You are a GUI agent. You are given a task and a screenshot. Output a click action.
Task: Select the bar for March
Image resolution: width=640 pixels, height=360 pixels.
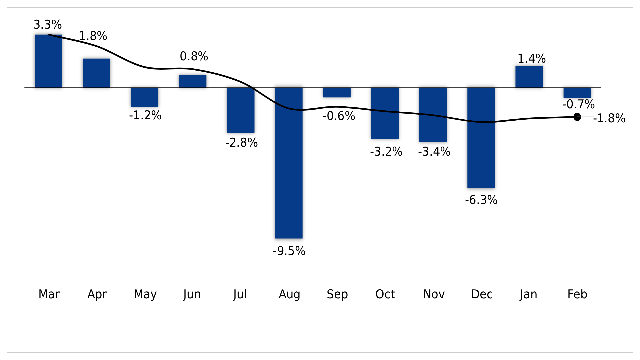48,61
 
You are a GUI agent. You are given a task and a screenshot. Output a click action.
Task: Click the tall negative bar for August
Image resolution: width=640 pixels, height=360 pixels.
289,163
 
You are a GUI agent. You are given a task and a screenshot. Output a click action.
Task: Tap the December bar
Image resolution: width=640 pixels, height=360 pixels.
481,138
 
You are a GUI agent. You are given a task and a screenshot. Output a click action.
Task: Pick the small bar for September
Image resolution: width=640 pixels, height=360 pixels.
337,93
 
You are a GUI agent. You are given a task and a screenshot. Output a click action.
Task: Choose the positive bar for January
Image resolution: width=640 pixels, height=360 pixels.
529,77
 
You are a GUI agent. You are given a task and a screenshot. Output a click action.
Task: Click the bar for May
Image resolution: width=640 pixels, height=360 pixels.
144,97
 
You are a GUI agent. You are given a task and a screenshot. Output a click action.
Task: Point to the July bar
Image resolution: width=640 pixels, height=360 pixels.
241,110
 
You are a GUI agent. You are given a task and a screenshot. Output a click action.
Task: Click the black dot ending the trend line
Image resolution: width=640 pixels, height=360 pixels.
577,117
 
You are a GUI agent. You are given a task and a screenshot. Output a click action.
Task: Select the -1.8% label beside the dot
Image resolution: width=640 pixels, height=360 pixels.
609,118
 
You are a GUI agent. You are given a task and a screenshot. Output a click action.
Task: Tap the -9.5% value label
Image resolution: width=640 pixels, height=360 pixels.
289,251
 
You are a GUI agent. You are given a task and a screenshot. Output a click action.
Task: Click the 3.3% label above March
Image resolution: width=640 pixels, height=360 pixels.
48,25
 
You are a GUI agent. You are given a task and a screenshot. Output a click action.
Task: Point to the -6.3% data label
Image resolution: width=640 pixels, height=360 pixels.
481,200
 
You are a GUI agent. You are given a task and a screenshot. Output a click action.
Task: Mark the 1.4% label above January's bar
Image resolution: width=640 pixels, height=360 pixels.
531,59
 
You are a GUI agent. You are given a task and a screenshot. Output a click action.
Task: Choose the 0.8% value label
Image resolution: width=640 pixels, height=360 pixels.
194,56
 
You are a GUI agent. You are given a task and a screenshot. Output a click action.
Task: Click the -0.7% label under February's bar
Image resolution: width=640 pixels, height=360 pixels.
578,104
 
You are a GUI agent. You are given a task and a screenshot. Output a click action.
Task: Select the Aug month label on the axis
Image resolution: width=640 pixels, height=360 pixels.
289,294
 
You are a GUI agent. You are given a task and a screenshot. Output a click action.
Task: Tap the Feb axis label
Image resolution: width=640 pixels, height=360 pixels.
577,294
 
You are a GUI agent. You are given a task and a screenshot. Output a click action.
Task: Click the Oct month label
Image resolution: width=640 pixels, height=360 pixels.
385,294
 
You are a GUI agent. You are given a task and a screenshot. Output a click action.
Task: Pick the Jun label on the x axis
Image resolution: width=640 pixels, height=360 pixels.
192,294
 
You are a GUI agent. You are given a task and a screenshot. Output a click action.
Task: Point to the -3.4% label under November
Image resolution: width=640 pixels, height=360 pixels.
434,152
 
